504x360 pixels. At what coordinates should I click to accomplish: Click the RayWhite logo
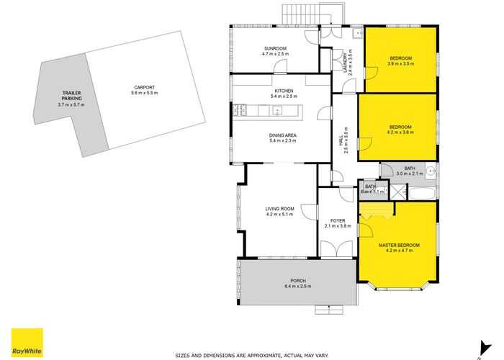pos(27,342)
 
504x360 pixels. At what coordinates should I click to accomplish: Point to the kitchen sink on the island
pos(278,111)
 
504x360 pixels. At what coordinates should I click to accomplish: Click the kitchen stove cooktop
pos(240,110)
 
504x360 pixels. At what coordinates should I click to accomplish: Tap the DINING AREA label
pos(274,137)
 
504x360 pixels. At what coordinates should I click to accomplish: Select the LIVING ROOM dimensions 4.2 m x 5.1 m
pos(279,215)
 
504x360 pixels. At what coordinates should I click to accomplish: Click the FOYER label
pos(338,221)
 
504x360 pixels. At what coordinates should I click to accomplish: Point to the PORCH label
pos(298,281)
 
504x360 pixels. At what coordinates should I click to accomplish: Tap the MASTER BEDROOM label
pos(399,246)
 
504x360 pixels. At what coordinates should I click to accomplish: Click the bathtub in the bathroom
pos(420,192)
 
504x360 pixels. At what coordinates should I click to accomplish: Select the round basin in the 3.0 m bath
pos(429,171)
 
